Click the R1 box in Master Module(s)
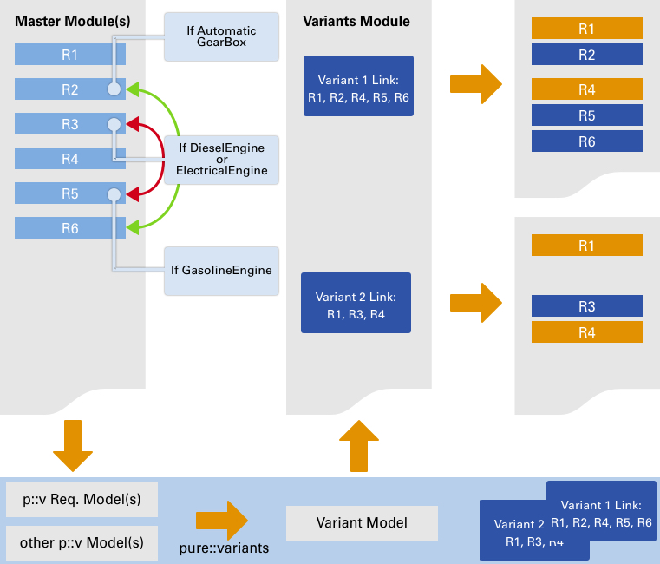pyautogui.click(x=70, y=55)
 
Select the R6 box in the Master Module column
pyautogui.click(x=70, y=228)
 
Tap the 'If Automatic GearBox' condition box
pyautogui.click(x=221, y=36)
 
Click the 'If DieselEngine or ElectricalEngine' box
pyautogui.click(x=221, y=160)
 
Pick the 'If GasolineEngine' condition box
pyautogui.click(x=221, y=270)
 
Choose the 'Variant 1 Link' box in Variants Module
pyautogui.click(x=358, y=86)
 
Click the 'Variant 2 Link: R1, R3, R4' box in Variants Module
pyautogui.click(x=356, y=303)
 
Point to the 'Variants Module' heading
pyautogui.click(x=356, y=21)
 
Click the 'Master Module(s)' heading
pyautogui.click(x=73, y=21)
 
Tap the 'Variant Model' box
pyautogui.click(x=362, y=523)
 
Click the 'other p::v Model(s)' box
pyautogui.click(x=82, y=543)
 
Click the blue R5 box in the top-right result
pyautogui.click(x=586, y=115)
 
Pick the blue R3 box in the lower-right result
pyautogui.click(x=586, y=306)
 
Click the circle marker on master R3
pyautogui.click(x=114, y=125)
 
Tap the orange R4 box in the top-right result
pyautogui.click(x=586, y=89)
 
